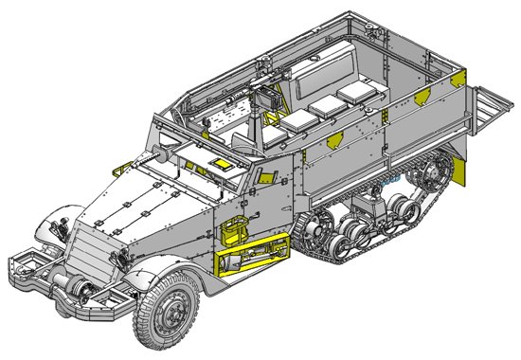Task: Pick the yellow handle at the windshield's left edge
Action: coord(120,169)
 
